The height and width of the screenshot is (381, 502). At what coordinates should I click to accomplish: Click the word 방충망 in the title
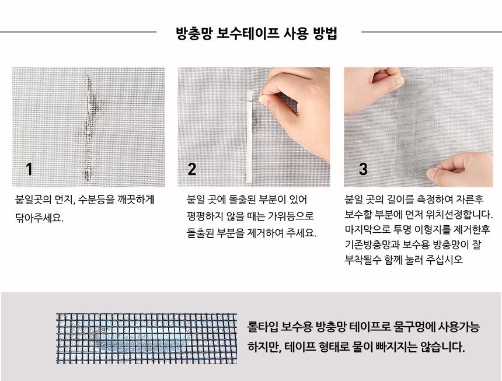click(194, 33)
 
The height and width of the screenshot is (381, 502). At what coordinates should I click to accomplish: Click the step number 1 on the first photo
click(29, 169)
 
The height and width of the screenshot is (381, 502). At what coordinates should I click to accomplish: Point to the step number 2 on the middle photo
click(192, 169)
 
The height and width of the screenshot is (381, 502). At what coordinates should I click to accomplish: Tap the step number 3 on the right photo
click(363, 169)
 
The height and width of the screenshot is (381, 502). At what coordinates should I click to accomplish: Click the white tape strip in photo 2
click(249, 138)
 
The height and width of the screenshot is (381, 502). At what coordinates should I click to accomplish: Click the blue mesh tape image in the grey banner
click(147, 338)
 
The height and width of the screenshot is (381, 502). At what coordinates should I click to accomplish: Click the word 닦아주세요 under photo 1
click(39, 218)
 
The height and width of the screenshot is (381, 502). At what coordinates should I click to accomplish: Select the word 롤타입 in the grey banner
click(262, 327)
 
